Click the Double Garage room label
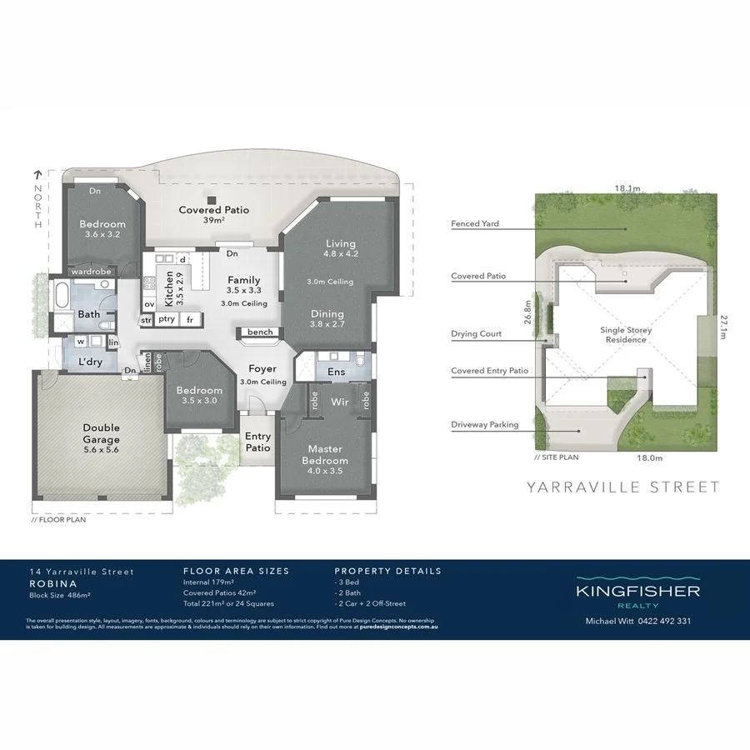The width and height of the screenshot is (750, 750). tap(101, 433)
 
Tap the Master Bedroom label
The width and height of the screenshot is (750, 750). tap(324, 455)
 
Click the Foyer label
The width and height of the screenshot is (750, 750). tap(262, 368)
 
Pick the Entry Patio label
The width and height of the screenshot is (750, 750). tap(257, 442)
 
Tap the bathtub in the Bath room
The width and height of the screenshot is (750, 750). tap(63, 297)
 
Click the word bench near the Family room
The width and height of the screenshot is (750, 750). tap(260, 332)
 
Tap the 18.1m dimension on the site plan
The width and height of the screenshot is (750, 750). tap(628, 189)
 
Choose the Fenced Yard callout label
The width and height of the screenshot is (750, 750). tap(475, 223)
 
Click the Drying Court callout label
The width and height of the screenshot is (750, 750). tap(476, 333)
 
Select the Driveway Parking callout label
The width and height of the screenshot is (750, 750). tap(484, 424)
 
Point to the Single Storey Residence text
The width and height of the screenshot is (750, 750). tap(626, 335)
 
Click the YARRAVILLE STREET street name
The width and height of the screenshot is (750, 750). tap(622, 487)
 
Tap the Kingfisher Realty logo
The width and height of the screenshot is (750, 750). tap(637, 593)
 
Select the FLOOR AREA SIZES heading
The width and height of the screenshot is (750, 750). tap(236, 571)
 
